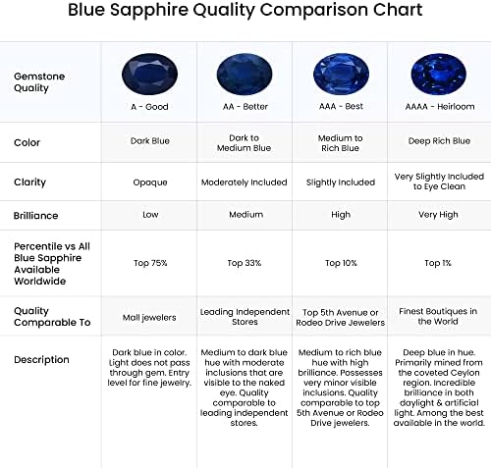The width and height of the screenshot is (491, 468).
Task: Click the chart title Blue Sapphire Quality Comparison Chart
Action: click(245, 10)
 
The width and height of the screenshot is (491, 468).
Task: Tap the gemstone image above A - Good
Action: click(149, 75)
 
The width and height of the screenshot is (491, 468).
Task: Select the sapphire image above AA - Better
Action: click(245, 75)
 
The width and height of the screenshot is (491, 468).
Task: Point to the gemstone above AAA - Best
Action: click(341, 75)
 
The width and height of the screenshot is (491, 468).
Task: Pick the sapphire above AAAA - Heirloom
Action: click(439, 75)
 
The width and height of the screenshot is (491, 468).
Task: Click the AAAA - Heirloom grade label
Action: click(440, 107)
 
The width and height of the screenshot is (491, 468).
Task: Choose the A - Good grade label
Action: click(149, 107)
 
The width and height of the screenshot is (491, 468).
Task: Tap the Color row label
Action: click(27, 142)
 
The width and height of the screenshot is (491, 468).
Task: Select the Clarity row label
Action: click(29, 182)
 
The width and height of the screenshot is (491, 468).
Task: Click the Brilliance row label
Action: click(35, 216)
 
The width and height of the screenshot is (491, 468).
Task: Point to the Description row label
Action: click(41, 360)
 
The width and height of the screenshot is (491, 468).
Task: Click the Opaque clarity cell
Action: click(150, 182)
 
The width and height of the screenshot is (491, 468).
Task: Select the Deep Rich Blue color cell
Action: click(439, 141)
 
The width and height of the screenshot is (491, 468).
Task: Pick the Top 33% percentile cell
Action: click(245, 263)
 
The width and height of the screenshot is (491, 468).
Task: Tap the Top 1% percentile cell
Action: click(438, 263)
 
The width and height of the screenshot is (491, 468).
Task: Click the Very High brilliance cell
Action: click(438, 215)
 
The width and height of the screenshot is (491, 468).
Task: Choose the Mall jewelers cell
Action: click(149, 318)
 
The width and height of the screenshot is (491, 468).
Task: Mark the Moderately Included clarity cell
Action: click(245, 182)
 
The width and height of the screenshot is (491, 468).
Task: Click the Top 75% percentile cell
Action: click(150, 263)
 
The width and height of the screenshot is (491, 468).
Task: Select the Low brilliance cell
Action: click(150, 215)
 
